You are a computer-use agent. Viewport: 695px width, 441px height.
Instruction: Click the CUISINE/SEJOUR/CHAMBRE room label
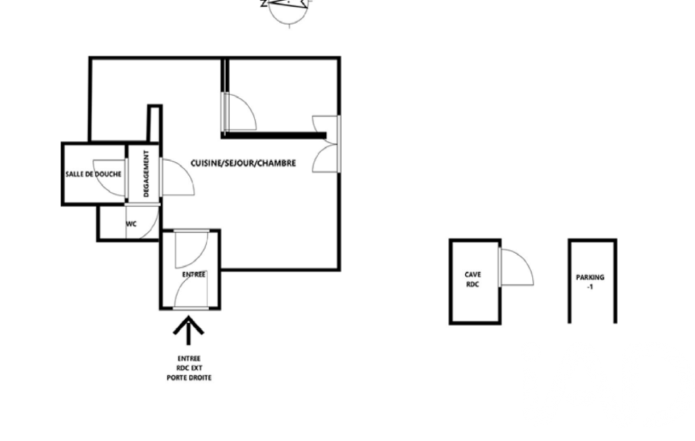(x=243, y=164)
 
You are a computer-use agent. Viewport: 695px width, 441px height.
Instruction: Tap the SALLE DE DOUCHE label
(x=94, y=174)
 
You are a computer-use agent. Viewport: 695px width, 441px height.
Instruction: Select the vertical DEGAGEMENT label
(x=146, y=174)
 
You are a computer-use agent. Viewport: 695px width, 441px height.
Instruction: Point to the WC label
(x=131, y=224)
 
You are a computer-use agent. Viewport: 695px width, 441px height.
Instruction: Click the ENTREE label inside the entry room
(x=194, y=275)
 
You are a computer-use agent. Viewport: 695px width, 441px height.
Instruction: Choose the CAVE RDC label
(x=473, y=280)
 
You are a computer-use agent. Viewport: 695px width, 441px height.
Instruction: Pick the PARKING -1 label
(x=590, y=282)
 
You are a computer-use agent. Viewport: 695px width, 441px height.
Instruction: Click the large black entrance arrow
(x=188, y=330)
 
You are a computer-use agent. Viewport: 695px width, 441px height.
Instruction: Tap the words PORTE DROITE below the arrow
(x=188, y=378)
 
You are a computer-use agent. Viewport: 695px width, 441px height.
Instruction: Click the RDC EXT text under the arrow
(x=188, y=368)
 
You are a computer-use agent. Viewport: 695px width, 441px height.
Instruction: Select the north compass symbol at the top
(x=288, y=11)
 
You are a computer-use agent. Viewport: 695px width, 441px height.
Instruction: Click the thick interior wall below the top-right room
(x=274, y=135)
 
